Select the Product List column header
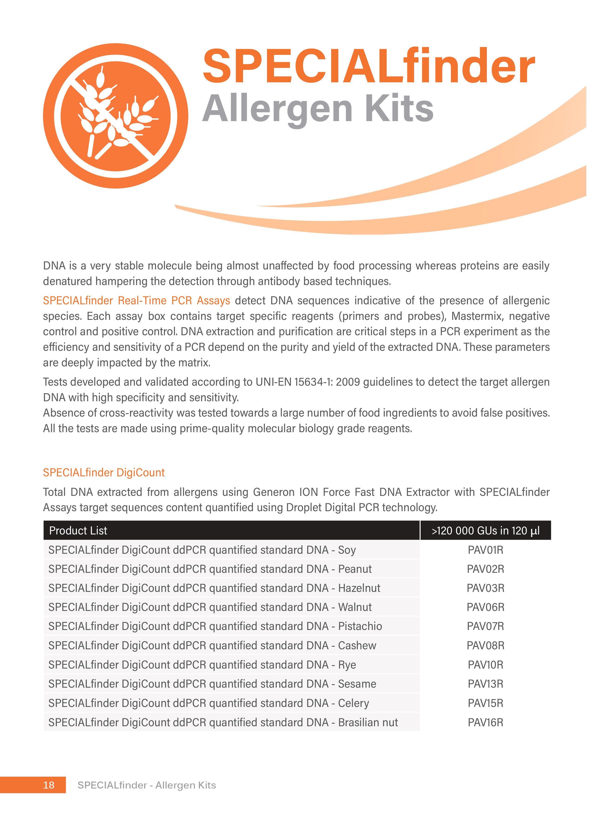click(x=78, y=530)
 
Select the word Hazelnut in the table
click(x=359, y=588)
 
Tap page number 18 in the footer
click(x=49, y=785)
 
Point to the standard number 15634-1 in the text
click(x=313, y=382)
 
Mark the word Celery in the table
click(x=353, y=703)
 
